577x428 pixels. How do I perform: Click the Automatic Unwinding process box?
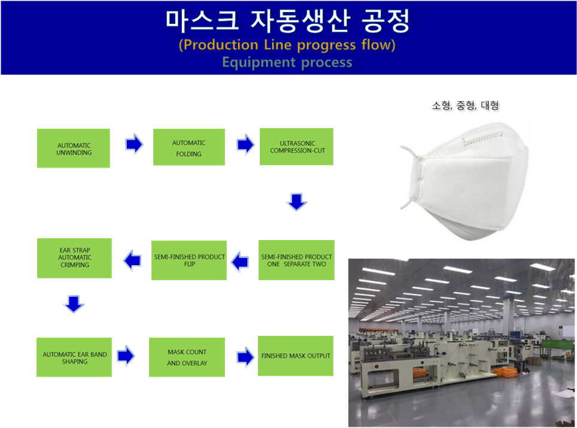click(74, 148)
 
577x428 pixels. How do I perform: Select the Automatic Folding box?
click(189, 147)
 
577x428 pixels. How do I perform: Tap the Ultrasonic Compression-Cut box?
click(297, 147)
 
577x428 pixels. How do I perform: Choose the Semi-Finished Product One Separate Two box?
click(297, 260)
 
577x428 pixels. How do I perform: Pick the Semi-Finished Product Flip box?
click(189, 260)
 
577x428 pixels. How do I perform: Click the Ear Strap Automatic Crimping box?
click(74, 258)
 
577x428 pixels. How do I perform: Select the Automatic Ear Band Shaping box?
click(74, 357)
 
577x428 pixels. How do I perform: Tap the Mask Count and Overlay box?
click(187, 357)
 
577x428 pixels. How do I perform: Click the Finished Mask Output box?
click(296, 356)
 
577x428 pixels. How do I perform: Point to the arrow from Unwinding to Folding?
click(134, 144)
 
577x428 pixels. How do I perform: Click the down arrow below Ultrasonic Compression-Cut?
click(297, 202)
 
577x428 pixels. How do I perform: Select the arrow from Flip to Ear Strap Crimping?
click(132, 260)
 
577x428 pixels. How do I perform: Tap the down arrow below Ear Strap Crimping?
click(74, 304)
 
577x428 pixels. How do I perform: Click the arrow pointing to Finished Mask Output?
click(245, 357)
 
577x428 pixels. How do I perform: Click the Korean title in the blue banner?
click(287, 21)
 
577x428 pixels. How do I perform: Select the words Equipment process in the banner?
click(287, 62)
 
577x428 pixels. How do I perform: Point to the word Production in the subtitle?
click(221, 45)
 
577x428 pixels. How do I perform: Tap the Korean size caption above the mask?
click(466, 105)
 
